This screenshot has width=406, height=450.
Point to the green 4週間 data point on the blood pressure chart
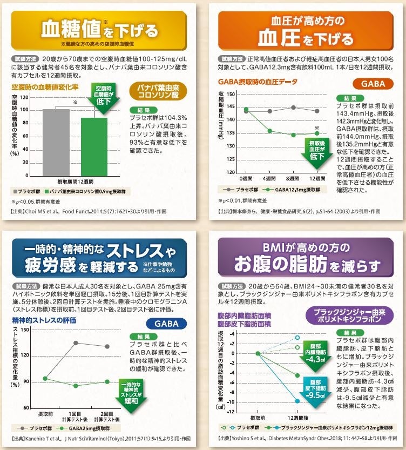(270, 131)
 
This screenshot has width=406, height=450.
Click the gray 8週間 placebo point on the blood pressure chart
(293, 108)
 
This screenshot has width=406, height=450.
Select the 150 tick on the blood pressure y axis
(231, 93)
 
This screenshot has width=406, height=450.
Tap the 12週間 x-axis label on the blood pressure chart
(317, 179)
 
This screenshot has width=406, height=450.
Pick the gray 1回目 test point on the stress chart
(76, 343)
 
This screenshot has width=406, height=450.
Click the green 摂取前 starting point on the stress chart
(45, 378)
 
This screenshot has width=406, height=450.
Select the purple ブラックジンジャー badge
(346, 314)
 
